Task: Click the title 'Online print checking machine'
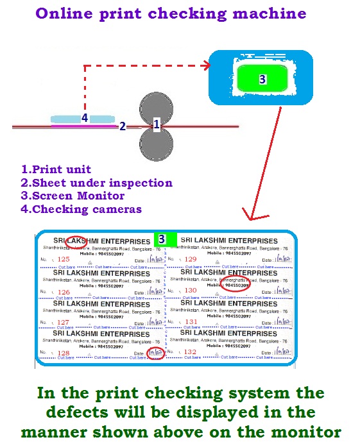click(x=171, y=13)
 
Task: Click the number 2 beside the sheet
click(x=122, y=127)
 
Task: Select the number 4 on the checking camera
click(x=84, y=118)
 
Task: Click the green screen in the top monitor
click(x=262, y=78)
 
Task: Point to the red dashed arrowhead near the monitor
click(x=207, y=65)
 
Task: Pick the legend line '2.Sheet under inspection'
click(x=97, y=183)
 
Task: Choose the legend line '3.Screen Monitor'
click(x=73, y=196)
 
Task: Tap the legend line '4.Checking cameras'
click(x=81, y=209)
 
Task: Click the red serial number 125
click(x=64, y=260)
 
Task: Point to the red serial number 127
click(x=63, y=322)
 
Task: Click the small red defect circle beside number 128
click(x=155, y=352)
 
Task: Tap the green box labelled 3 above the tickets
click(x=162, y=238)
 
